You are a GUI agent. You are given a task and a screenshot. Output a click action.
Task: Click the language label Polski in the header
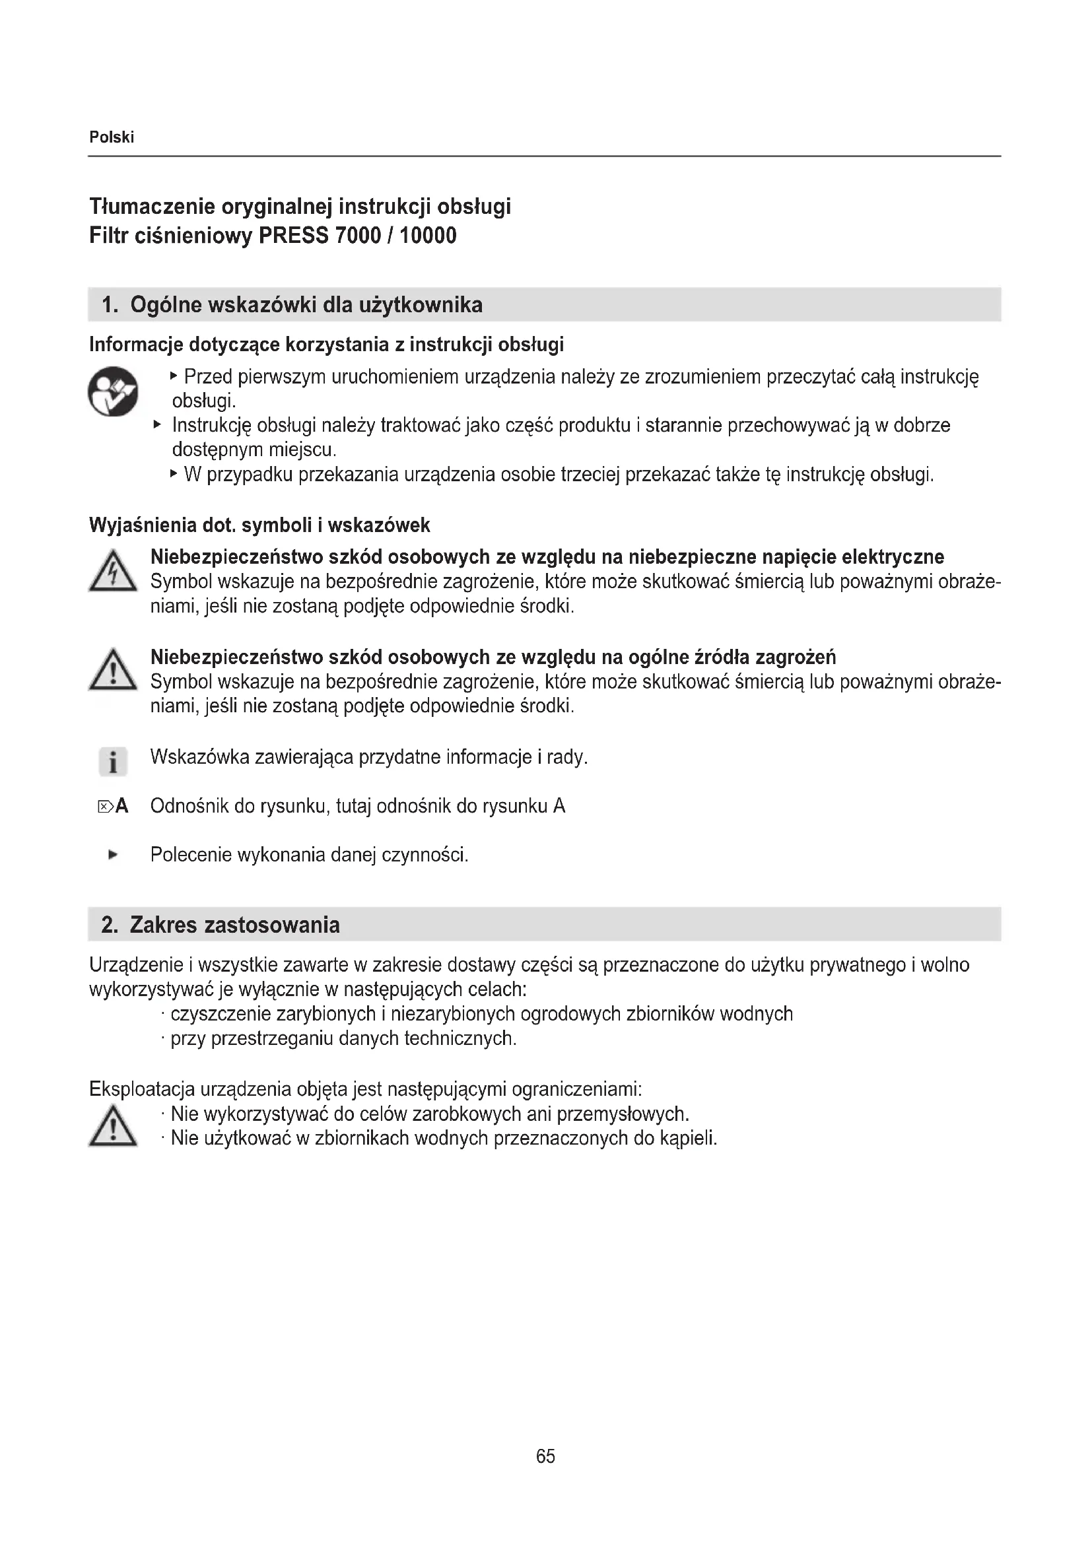click(x=112, y=137)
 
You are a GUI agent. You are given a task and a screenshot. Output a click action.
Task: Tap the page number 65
click(x=545, y=1456)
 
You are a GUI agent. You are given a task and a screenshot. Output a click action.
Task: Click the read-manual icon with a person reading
click(x=113, y=391)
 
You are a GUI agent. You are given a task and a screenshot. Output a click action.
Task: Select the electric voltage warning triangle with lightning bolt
click(x=113, y=572)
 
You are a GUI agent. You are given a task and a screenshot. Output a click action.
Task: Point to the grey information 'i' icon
click(x=113, y=762)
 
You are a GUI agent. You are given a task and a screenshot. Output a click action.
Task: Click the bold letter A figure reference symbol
click(x=121, y=805)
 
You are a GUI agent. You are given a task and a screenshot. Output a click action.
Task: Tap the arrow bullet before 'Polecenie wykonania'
click(x=113, y=855)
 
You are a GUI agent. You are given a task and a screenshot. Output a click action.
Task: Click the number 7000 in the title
click(x=358, y=236)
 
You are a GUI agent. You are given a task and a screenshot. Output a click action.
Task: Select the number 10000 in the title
click(x=428, y=236)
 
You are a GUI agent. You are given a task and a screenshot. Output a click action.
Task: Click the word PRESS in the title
click(x=294, y=236)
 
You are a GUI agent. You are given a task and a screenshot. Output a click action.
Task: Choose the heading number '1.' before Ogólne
click(x=110, y=306)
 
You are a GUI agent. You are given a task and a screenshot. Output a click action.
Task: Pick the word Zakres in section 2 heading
click(x=163, y=925)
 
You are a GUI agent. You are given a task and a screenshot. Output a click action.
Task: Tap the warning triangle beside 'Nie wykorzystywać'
click(x=113, y=1126)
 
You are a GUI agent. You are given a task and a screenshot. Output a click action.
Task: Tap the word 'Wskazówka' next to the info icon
click(x=198, y=757)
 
